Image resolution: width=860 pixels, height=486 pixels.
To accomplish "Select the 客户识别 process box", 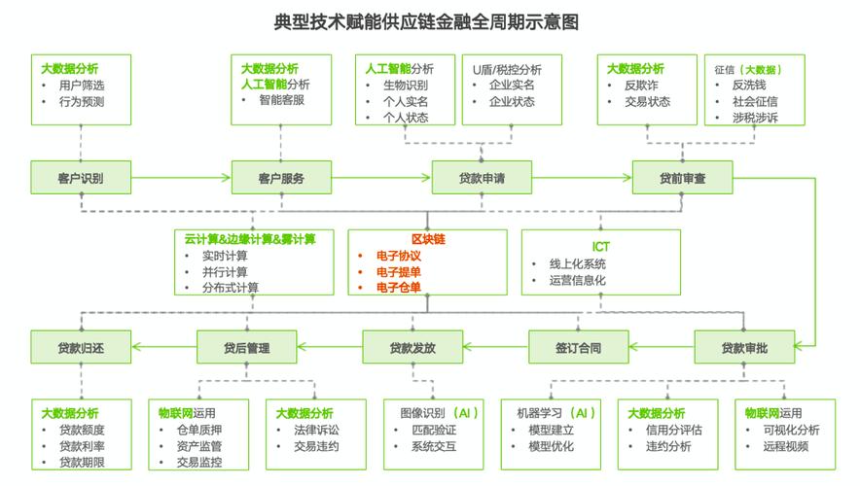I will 81,178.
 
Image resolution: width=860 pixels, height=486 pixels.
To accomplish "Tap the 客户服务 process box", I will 281,178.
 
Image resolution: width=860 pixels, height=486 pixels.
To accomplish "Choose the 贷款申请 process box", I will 482,178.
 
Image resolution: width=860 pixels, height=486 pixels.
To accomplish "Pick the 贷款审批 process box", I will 744,347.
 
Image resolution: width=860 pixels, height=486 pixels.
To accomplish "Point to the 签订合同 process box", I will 579,347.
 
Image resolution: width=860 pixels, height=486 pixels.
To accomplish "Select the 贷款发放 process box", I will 412,347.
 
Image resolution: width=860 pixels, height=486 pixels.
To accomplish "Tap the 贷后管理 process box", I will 246,347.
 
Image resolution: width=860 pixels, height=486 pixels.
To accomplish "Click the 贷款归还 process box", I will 81,347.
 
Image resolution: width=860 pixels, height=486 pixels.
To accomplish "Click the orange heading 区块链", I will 427,239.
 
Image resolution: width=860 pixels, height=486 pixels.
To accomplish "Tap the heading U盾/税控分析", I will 507,70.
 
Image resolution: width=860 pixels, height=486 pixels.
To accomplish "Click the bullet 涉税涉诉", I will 755,118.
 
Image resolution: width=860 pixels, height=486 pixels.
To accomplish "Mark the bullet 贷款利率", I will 82,446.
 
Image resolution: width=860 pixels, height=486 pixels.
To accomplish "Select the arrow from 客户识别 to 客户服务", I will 181,178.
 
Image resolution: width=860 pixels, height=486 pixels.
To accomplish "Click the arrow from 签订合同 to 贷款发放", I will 496,347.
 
